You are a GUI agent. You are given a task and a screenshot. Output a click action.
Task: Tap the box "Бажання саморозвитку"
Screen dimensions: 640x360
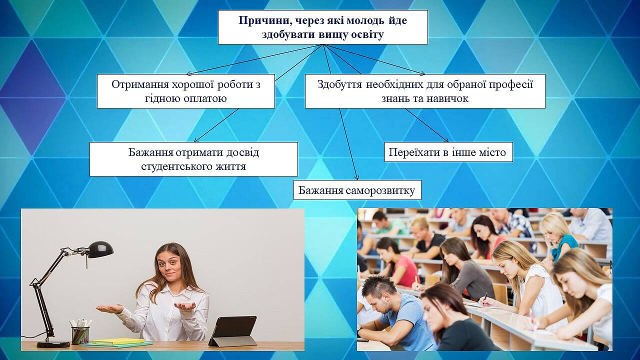point(357,190)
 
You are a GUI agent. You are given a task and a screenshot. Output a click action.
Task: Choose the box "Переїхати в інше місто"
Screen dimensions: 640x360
point(448,152)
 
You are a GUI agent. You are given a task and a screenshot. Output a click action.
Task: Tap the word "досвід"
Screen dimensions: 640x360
point(242,152)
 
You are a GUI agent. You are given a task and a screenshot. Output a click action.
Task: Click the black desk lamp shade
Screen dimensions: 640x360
point(100,249)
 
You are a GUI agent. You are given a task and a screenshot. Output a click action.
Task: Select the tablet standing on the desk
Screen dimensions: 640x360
point(233,331)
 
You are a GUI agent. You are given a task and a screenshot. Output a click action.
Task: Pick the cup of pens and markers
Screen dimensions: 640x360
point(80,332)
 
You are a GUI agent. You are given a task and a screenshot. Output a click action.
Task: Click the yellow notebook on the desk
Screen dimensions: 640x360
point(118,341)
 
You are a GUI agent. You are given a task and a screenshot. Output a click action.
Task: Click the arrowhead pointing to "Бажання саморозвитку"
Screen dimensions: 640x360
point(356,177)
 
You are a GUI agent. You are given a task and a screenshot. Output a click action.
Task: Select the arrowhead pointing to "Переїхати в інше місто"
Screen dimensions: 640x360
point(446,140)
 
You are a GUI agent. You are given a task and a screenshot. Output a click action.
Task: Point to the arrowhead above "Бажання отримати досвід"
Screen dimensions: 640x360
point(196,140)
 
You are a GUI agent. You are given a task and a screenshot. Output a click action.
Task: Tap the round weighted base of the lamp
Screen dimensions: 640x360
point(53,344)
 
